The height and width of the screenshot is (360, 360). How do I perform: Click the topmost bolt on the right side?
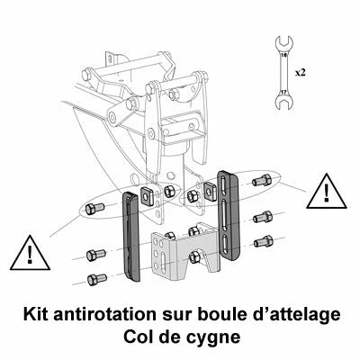click(x=261, y=181)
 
